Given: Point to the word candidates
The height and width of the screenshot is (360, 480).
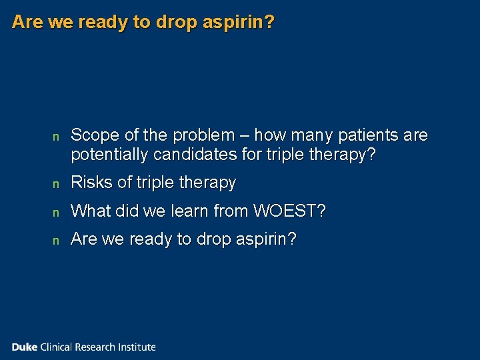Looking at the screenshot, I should pos(191,155).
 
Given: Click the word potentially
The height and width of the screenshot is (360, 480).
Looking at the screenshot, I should pos(110,155).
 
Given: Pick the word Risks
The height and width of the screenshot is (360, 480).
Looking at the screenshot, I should pos(89,182).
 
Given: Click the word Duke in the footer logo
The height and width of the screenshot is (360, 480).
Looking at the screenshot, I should pos(25,347).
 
